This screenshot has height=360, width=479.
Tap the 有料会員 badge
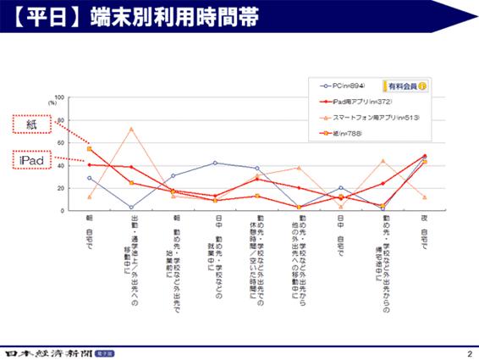(405, 86)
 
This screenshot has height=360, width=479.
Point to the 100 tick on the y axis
(59, 97)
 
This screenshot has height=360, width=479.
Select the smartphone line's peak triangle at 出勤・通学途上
(131, 129)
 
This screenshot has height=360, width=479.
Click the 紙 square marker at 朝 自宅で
(90, 149)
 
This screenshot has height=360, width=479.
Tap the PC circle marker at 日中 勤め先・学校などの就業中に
(215, 163)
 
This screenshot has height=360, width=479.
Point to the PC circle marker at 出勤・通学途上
(131, 207)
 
